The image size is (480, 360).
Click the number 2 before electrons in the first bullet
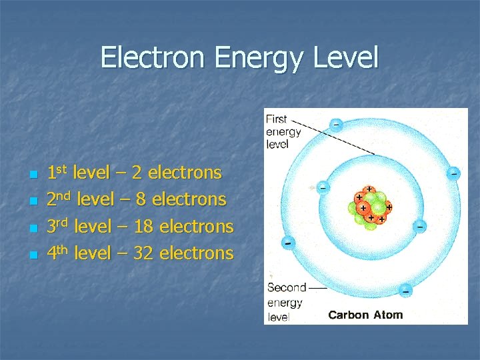(137, 173)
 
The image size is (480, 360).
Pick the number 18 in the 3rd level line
(143, 227)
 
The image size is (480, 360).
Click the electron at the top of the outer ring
(337, 125)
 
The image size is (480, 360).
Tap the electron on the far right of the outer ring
(453, 173)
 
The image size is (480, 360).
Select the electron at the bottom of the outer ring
(405, 291)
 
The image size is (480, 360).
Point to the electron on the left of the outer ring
(287, 242)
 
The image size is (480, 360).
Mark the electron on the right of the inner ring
(420, 226)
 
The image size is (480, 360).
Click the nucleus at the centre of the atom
(371, 206)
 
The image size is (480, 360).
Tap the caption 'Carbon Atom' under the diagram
(365, 315)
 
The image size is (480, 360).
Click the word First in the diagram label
(276, 119)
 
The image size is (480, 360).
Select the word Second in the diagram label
(287, 288)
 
